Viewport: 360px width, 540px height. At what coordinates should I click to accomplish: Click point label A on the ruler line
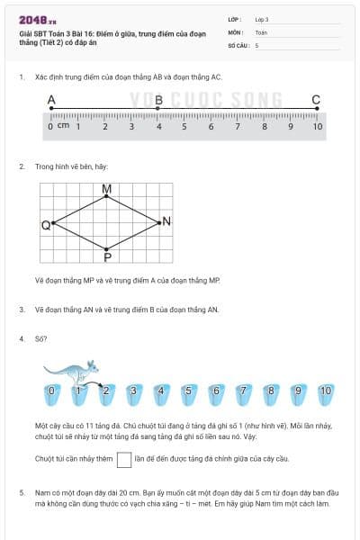coord(51,100)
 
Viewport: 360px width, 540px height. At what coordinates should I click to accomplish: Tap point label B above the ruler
coord(158,100)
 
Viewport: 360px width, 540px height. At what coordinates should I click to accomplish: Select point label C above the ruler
coord(316,100)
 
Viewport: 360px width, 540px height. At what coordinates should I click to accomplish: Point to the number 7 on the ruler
coord(238,126)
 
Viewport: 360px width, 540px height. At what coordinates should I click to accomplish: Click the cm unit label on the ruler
coord(63,126)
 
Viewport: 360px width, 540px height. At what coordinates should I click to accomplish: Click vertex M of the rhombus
coord(107,189)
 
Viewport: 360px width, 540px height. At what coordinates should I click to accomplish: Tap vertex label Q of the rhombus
coord(45,224)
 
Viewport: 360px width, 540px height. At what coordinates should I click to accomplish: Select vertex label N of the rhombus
coord(167,221)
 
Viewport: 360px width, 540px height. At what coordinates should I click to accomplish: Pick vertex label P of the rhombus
coord(107,256)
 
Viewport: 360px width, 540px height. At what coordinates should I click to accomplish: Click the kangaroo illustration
coord(70,371)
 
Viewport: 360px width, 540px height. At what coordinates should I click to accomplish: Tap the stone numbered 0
coord(51,391)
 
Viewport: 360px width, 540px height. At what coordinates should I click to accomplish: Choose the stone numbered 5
coord(189,391)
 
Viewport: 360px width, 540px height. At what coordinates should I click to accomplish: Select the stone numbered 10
coord(325,391)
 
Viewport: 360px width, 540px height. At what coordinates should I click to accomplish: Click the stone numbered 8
coord(270,391)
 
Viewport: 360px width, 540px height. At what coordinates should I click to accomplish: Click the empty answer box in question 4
coord(124,460)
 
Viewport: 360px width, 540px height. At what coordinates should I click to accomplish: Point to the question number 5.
coord(21,492)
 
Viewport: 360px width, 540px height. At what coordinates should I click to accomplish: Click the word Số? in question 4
coord(41,339)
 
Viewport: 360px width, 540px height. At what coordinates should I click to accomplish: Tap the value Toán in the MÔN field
coord(261,31)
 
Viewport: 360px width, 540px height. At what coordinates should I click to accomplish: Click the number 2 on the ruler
coord(105,126)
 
